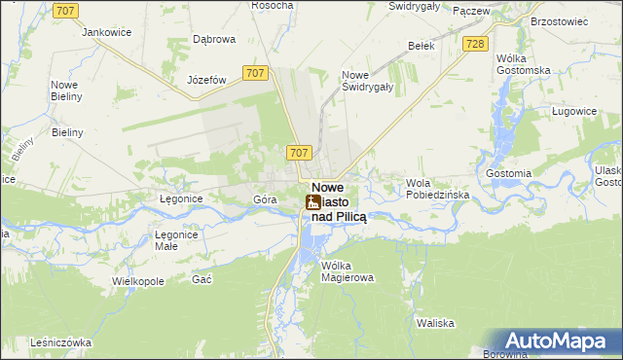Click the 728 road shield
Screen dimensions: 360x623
pyautogui.click(x=475, y=45)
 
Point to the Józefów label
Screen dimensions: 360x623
pyautogui.click(x=206, y=80)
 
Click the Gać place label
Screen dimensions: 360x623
pyautogui.click(x=202, y=279)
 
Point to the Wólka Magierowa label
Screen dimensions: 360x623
pyautogui.click(x=348, y=271)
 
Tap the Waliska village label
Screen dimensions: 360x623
pyautogui.click(x=436, y=323)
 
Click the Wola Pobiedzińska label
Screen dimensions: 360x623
pyautogui.click(x=438, y=189)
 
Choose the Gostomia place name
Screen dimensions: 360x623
pyautogui.click(x=509, y=173)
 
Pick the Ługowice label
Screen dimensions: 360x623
pyautogui.click(x=573, y=112)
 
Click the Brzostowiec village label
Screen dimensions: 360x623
pyautogui.click(x=561, y=19)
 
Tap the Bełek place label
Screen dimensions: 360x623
pyautogui.click(x=421, y=45)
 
